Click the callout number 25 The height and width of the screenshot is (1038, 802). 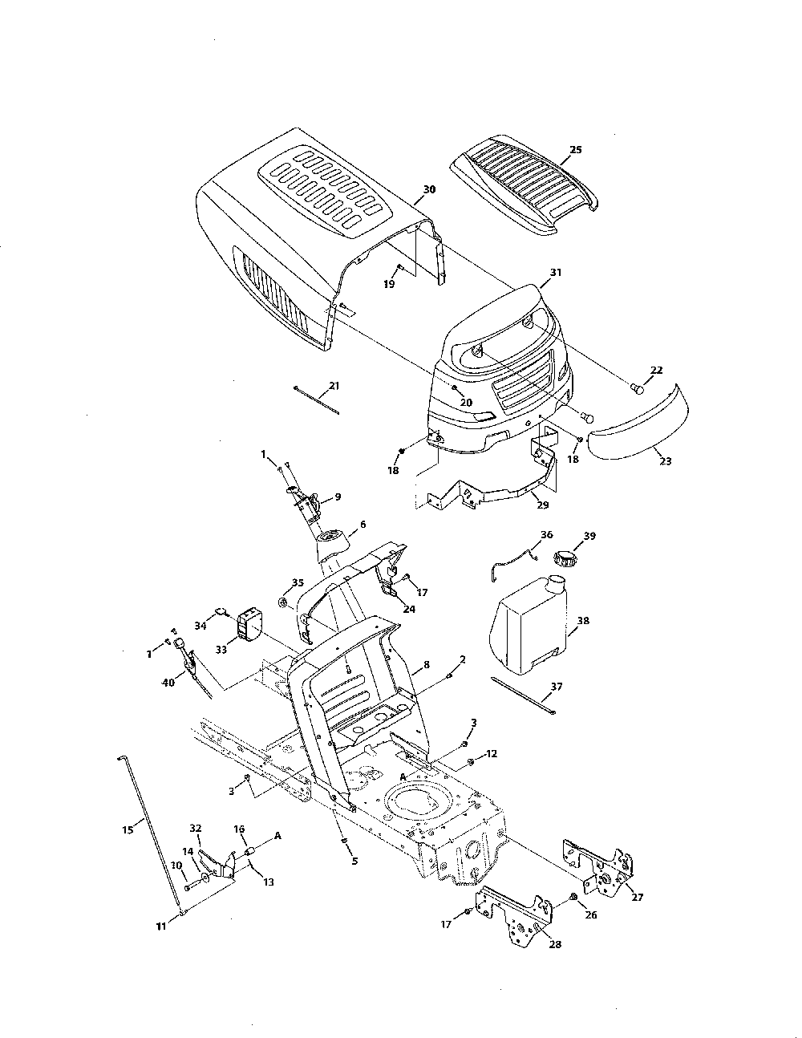[576, 150]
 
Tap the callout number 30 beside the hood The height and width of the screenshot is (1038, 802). [429, 189]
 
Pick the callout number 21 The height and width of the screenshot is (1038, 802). [334, 386]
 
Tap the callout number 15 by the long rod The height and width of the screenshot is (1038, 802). [128, 829]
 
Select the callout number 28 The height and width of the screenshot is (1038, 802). [555, 944]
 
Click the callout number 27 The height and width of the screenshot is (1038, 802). [638, 898]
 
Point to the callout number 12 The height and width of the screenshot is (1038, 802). [492, 754]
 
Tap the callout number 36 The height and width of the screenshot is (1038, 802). [547, 534]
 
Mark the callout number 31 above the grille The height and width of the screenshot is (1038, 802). [556, 273]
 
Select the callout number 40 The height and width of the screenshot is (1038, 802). [167, 683]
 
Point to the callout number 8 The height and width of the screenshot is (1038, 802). [427, 665]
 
